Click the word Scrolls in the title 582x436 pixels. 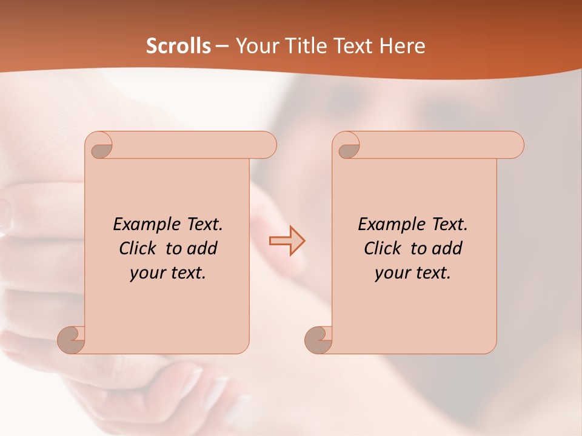(x=178, y=46)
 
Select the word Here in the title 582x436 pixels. (x=402, y=46)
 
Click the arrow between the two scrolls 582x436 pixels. (x=287, y=240)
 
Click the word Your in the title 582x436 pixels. (x=256, y=46)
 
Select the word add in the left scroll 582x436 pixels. (x=203, y=249)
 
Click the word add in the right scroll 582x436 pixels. (x=448, y=249)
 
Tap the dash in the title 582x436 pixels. (x=222, y=46)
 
